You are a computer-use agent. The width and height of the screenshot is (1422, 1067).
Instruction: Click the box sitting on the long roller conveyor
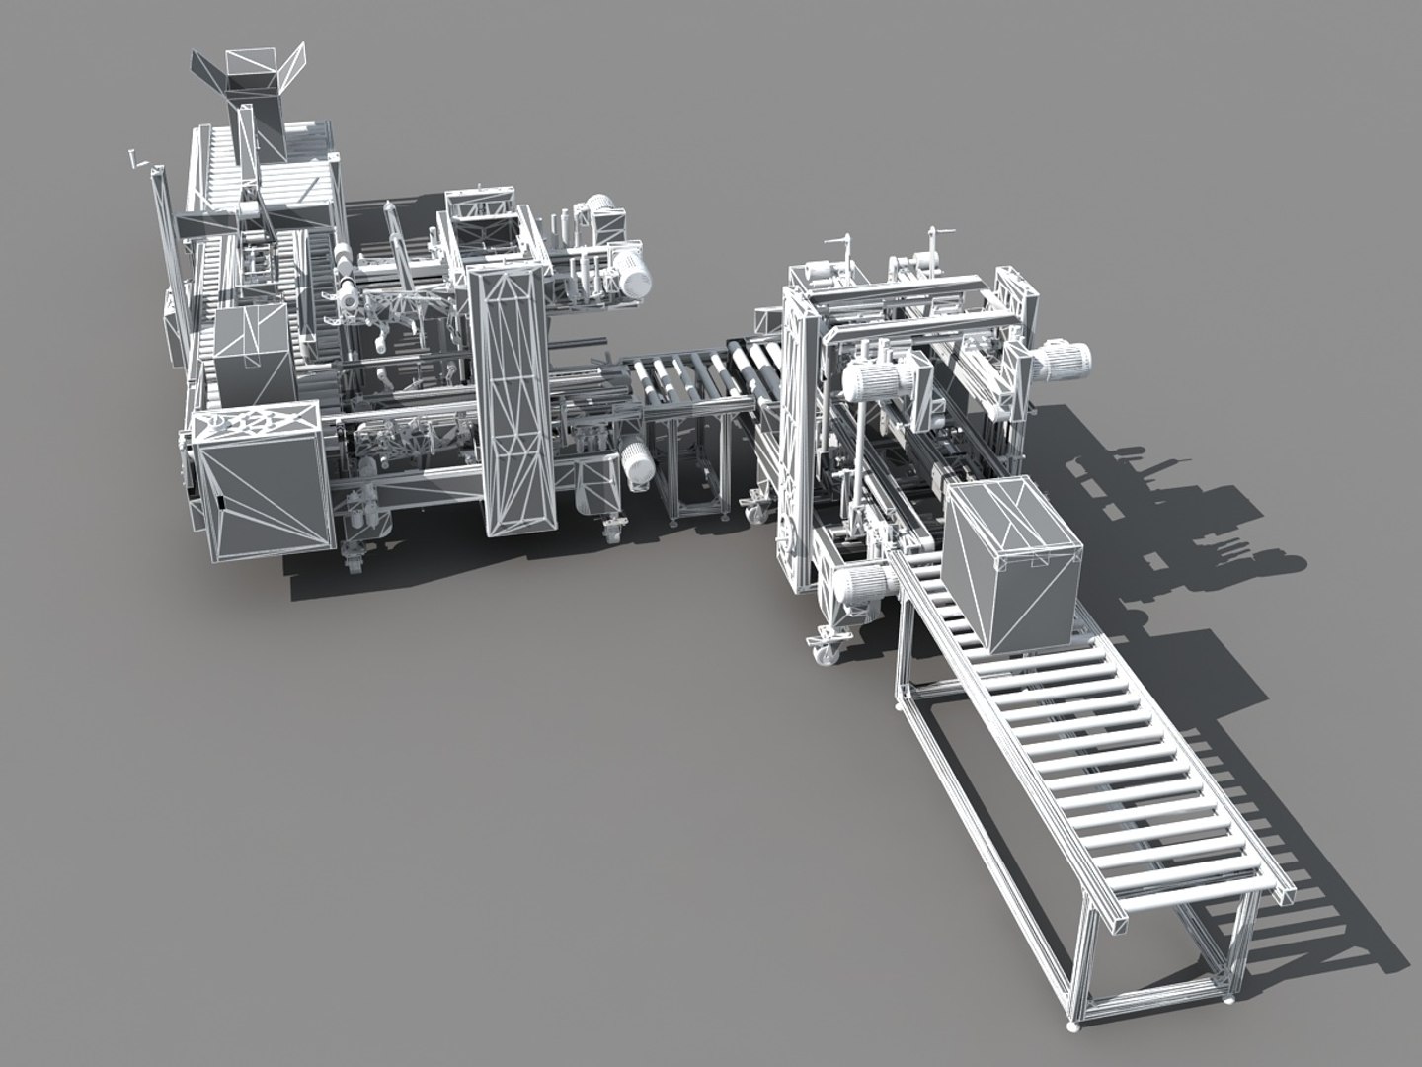[1009, 563]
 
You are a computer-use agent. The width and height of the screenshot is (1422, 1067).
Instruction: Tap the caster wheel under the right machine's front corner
[824, 649]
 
